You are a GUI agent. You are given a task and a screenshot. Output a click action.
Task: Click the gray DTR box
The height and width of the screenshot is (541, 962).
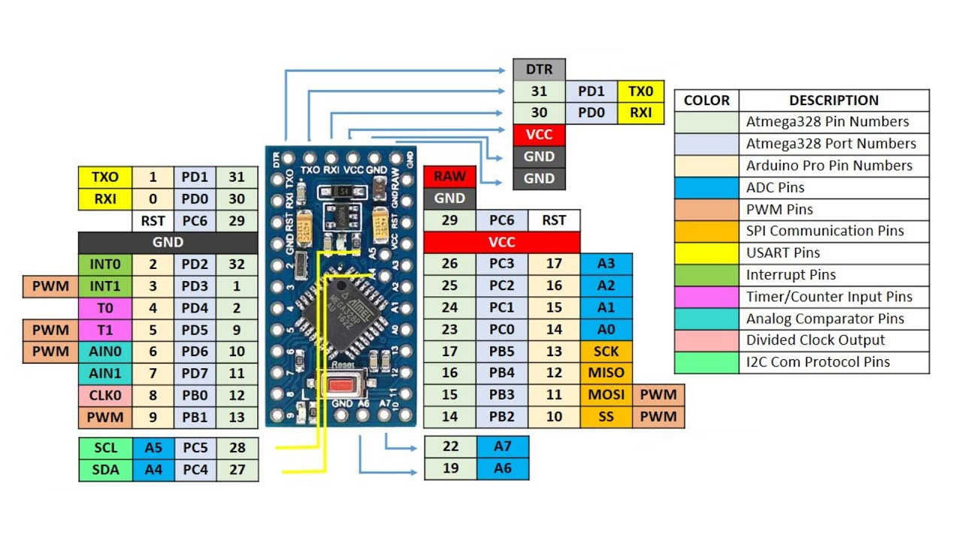pos(539,70)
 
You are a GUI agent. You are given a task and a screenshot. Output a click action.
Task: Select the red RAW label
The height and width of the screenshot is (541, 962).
pos(449,177)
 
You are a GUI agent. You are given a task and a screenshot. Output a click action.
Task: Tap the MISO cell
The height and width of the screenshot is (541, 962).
pos(606,373)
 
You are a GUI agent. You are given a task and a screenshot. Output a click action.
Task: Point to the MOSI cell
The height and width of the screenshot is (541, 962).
pos(606,394)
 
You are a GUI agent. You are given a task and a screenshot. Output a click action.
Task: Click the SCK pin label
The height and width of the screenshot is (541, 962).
pos(606,351)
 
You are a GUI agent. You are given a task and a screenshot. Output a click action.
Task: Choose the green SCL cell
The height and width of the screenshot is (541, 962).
pos(105,448)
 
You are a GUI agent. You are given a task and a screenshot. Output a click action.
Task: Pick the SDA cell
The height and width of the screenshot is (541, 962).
pos(105,470)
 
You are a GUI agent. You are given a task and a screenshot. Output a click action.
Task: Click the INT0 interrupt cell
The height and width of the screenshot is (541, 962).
pos(105,264)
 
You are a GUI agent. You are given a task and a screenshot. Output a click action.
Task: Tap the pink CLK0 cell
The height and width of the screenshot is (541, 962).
pos(105,395)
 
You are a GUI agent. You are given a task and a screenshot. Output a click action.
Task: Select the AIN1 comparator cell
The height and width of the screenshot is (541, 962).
pos(105,373)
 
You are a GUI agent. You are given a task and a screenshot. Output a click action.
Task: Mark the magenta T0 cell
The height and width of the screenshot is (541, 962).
pos(105,308)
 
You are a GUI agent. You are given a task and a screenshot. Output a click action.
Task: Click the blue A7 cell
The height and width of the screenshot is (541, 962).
pos(503,446)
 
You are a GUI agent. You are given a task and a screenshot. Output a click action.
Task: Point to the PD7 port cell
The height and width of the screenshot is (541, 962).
pos(195,373)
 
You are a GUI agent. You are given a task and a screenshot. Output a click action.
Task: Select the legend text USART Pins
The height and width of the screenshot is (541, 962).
pos(783,253)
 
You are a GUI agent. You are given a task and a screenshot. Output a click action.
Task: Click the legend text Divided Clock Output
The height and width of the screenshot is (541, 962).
pos(815,340)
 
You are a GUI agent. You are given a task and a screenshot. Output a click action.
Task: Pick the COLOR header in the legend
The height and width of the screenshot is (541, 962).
pos(706,101)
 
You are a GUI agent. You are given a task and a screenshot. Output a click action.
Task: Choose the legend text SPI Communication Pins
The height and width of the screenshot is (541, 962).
pos(824,231)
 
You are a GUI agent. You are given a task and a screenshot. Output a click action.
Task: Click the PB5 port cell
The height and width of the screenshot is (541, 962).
pos(501,351)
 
